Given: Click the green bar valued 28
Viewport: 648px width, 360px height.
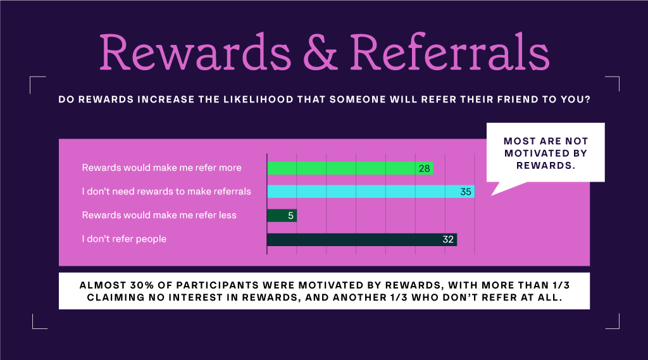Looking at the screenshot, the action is (350, 168).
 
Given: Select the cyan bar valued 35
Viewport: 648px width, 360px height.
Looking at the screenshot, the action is (371, 191).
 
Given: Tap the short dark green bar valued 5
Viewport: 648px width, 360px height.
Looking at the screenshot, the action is (282, 215).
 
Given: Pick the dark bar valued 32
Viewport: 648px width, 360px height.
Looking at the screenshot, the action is (362, 240).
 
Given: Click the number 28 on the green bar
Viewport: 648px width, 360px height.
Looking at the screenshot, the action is (425, 169).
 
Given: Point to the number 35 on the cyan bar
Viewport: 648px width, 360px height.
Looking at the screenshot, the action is (466, 192).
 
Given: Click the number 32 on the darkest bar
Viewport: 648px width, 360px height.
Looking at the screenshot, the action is (448, 240).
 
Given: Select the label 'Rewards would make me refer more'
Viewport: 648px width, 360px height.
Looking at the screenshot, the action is (161, 168).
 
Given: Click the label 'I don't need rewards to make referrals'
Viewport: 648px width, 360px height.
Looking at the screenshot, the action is (166, 191).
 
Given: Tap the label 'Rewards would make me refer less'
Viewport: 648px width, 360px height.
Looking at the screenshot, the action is (159, 215).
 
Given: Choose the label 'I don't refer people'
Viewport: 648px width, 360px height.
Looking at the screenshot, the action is (124, 239).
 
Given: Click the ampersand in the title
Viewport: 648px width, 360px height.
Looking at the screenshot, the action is (320, 52).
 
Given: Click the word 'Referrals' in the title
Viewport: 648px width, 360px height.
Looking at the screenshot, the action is (450, 51).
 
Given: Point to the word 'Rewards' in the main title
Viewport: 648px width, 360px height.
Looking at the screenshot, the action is (195, 51).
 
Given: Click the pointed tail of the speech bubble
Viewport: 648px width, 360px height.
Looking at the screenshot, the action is (492, 195).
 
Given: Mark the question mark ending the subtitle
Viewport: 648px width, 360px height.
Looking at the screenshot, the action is (588, 99).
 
